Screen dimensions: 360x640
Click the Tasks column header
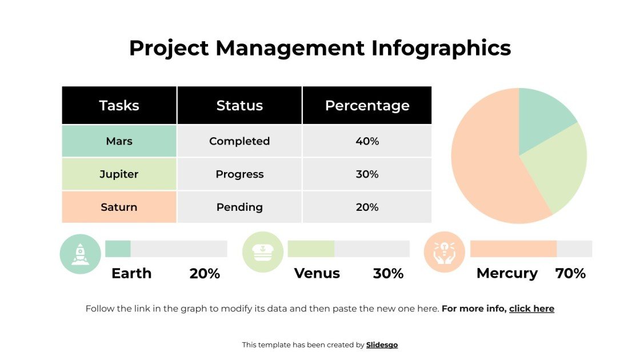[119, 106]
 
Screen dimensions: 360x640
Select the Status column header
[239, 106]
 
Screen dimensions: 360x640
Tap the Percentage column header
[367, 106]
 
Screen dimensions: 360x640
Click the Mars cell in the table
[119, 141]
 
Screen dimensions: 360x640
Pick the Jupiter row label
[119, 174]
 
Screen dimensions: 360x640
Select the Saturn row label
[119, 207]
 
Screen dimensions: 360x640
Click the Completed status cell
[239, 141]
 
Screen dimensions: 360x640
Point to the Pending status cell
[239, 207]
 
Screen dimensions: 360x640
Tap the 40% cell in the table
[367, 141]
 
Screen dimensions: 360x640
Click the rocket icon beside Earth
[80, 253]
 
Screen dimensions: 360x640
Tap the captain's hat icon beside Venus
[263, 252]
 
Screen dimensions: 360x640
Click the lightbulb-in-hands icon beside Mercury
[445, 252]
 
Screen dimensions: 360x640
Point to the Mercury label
[507, 274]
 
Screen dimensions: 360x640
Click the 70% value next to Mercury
[570, 274]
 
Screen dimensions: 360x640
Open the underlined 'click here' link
[531, 309]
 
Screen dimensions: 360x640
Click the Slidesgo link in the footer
[382, 345]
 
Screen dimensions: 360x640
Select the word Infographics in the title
[441, 48]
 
